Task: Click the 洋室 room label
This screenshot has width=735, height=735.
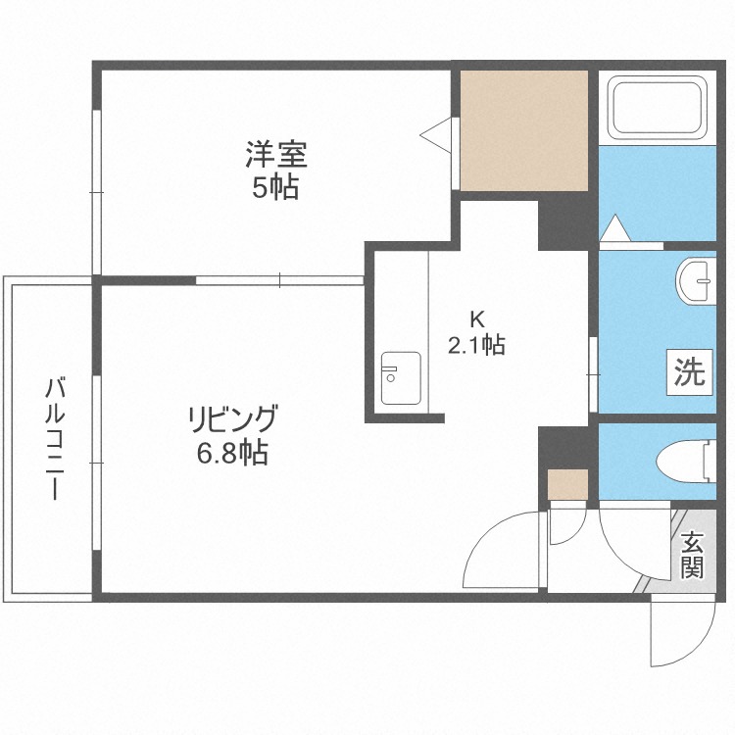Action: (275, 155)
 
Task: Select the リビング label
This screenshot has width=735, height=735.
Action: (231, 419)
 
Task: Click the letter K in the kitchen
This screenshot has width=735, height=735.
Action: (477, 318)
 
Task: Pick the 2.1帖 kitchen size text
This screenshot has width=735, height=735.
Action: (477, 345)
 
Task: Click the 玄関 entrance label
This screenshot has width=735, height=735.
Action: (692, 555)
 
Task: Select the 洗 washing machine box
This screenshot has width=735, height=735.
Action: (688, 371)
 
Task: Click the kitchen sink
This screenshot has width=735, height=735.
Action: (400, 376)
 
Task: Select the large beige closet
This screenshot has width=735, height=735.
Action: (524, 130)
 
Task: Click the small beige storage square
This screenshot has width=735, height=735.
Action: (567, 484)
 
